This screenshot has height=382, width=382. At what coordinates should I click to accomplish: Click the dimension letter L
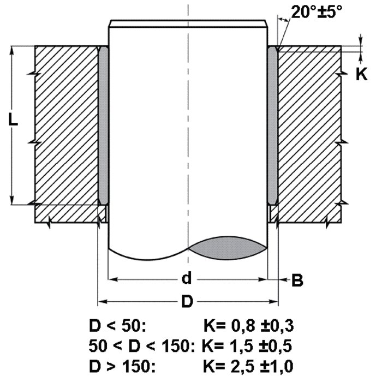click(13, 120)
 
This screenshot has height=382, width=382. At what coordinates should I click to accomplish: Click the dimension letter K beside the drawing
click(361, 74)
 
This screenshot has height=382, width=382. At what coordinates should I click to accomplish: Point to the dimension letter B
click(297, 280)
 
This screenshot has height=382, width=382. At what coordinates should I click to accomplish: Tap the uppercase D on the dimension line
click(187, 301)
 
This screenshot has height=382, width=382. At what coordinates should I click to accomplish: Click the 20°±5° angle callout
click(317, 11)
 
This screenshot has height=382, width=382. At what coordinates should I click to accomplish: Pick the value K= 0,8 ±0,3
click(248, 326)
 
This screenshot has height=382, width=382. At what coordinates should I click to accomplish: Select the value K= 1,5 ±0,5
click(247, 345)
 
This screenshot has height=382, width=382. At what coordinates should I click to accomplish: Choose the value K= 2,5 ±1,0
click(248, 366)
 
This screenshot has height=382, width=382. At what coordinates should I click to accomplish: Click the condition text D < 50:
click(117, 326)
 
